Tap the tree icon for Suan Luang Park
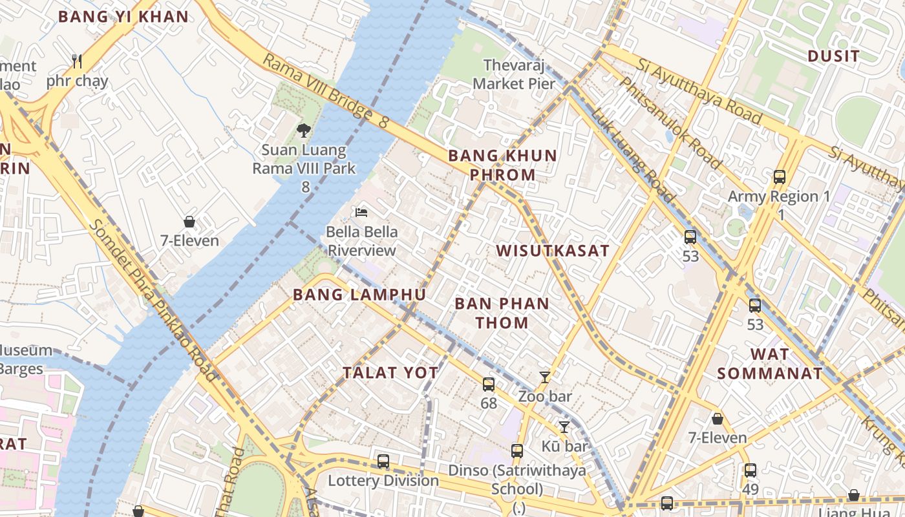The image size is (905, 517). pyautogui.click(x=303, y=131)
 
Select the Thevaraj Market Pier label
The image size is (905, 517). pyautogui.click(x=514, y=74)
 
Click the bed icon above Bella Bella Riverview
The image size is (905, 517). pyautogui.click(x=361, y=212)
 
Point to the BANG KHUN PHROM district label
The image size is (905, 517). pyautogui.click(x=502, y=165)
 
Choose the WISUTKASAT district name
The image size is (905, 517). pyautogui.click(x=553, y=251)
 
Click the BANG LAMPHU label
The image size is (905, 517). pyautogui.click(x=359, y=295)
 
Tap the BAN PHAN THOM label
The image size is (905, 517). pyautogui.click(x=502, y=313)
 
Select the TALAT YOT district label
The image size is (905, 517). pyautogui.click(x=390, y=373)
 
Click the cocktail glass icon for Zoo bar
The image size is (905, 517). pyautogui.click(x=545, y=377)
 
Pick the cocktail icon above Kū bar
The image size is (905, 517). pyautogui.click(x=564, y=427)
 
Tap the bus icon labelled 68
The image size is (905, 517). pyautogui.click(x=489, y=384)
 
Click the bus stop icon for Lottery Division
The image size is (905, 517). pyautogui.click(x=383, y=461)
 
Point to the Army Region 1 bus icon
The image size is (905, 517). pyautogui.click(x=780, y=176)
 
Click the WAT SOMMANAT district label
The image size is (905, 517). pyautogui.click(x=770, y=364)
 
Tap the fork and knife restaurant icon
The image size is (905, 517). pyautogui.click(x=77, y=61)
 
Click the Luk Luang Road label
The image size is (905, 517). pyautogui.click(x=633, y=155)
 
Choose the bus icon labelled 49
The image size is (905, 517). pyautogui.click(x=750, y=470)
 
